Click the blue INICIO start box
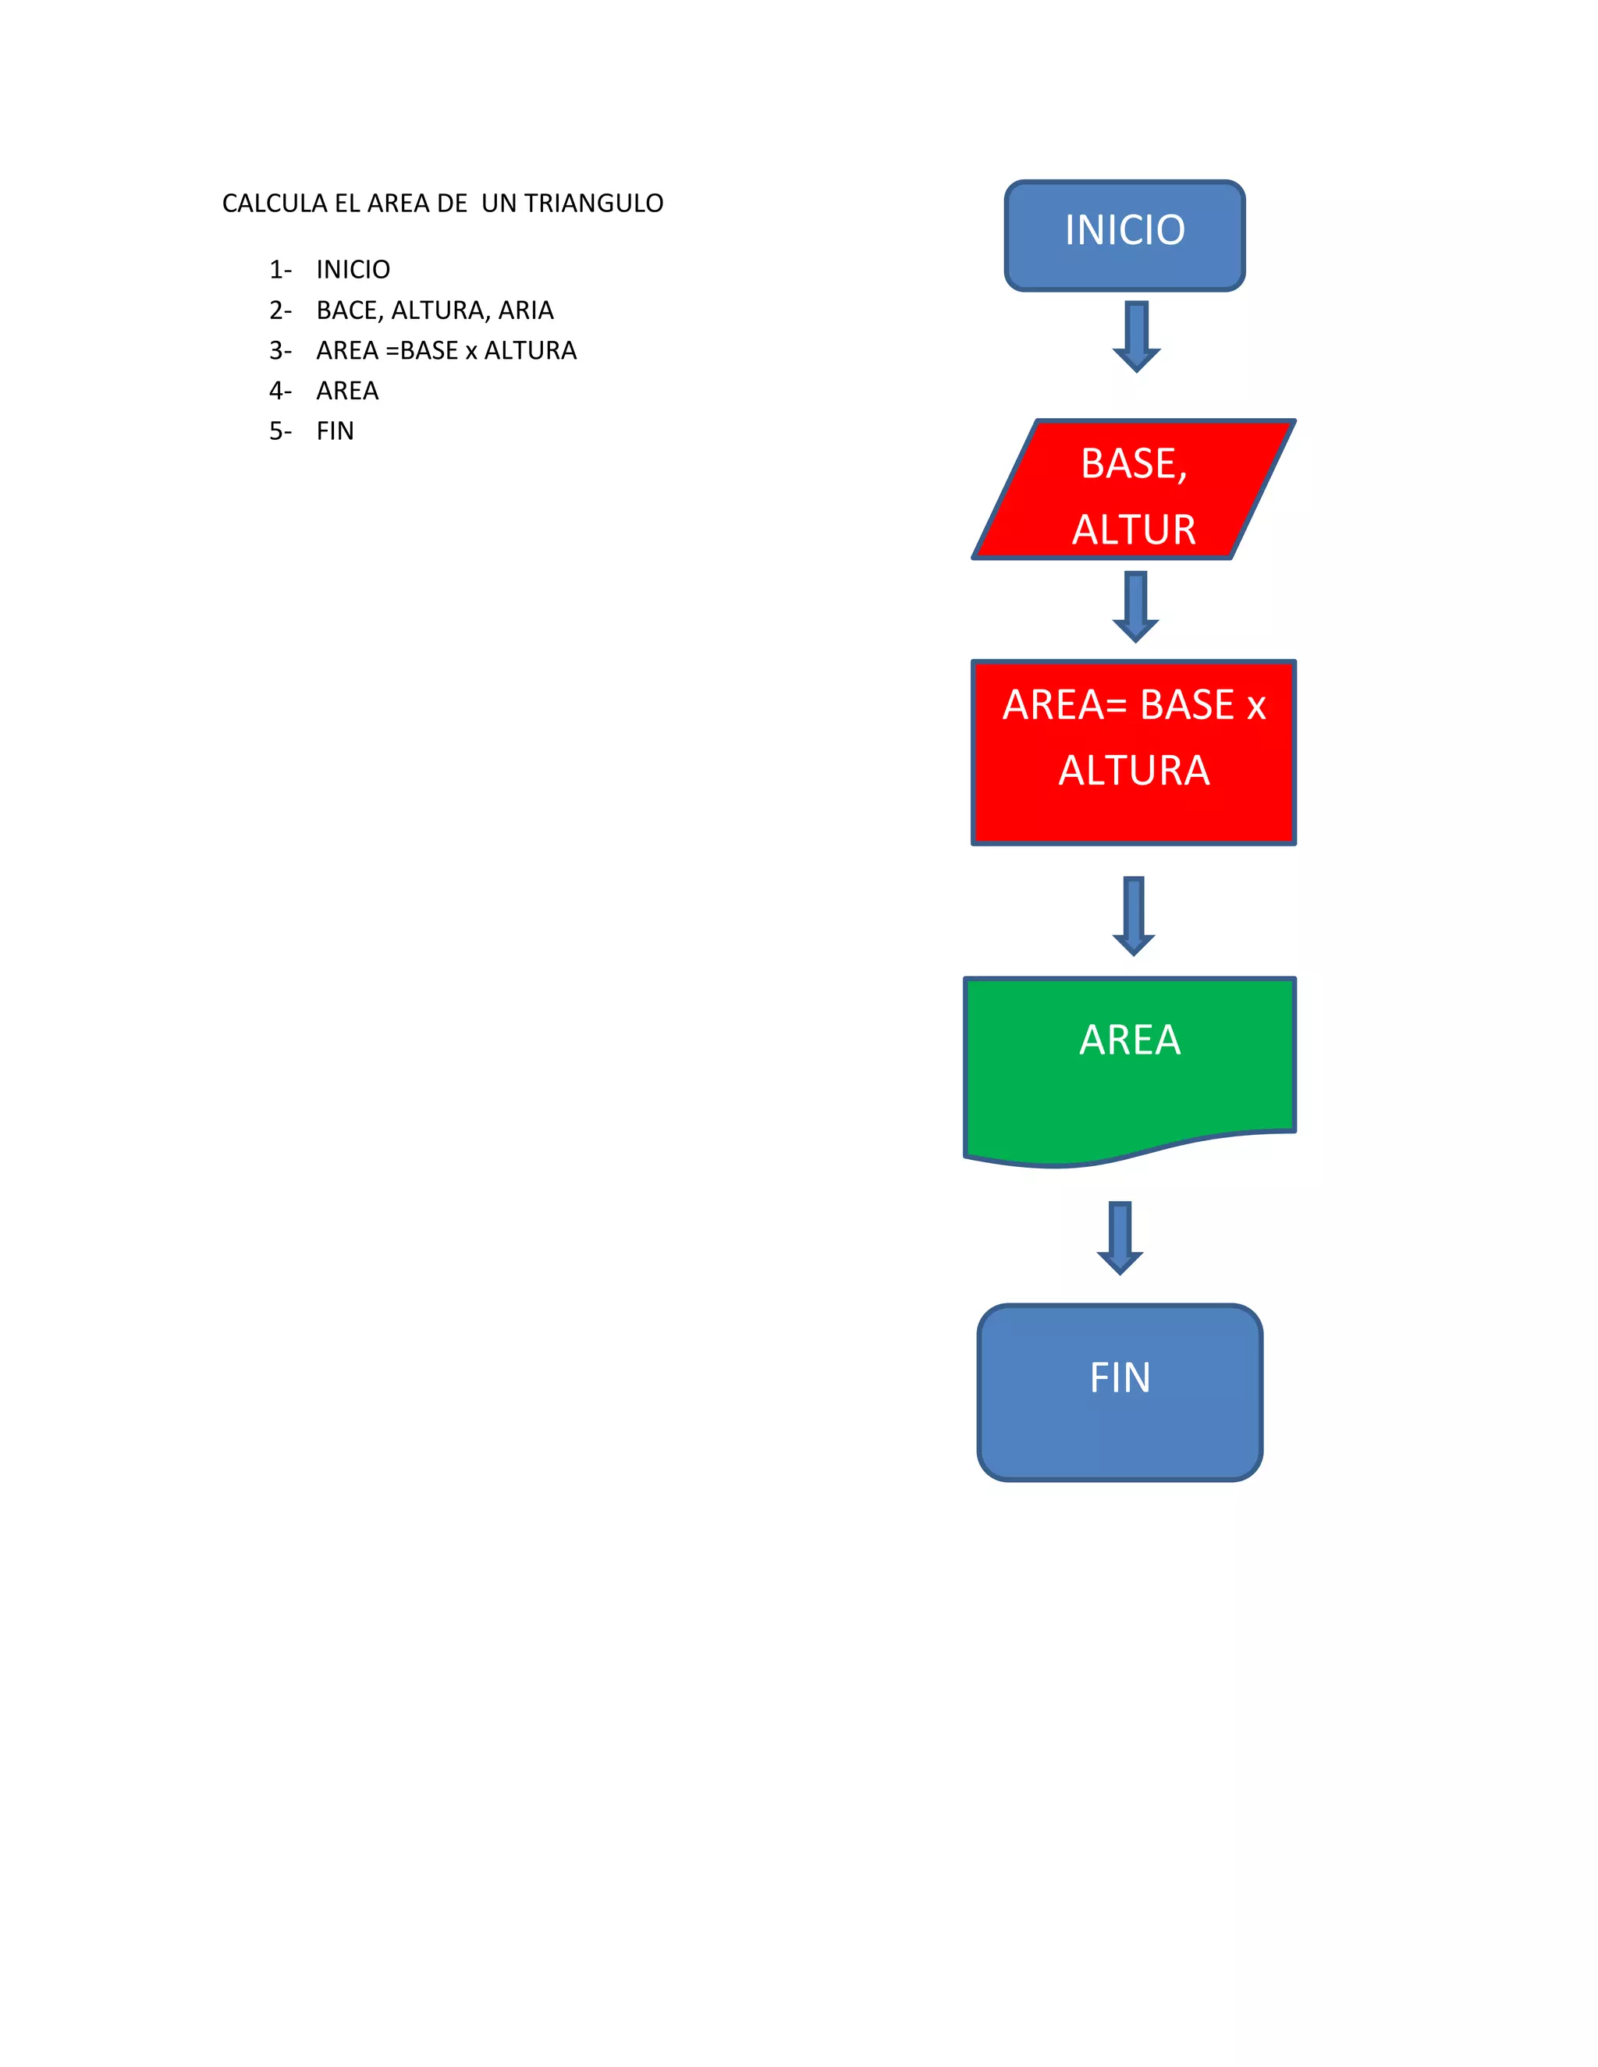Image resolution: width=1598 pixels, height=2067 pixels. coord(1124,236)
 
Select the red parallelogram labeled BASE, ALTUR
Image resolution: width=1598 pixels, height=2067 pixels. coord(1133,489)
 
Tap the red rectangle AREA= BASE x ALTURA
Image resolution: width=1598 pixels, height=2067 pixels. coord(1133,753)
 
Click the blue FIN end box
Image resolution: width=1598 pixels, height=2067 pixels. coord(1120,1392)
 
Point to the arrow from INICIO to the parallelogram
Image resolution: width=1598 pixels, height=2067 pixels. coord(1136,336)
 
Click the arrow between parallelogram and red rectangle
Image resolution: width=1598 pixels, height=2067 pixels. coord(1135,606)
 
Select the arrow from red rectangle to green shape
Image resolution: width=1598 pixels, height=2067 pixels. coord(1133,914)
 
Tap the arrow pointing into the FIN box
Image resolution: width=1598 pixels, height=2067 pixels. coord(1120,1237)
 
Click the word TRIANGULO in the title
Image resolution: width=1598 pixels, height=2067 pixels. coord(594,204)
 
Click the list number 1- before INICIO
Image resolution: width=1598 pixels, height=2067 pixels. coord(280,270)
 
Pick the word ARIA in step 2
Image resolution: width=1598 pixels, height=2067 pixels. coord(527,310)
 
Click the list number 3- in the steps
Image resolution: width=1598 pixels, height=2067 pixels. coord(280,351)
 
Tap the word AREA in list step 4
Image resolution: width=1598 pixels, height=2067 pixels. coord(347,391)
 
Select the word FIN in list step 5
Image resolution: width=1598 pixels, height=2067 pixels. coord(335,431)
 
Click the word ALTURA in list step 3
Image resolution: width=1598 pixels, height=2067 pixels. coord(530,351)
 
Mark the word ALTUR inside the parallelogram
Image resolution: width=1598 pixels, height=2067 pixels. coord(1133,529)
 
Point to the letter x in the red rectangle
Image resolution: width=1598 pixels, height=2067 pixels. coord(1255,706)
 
